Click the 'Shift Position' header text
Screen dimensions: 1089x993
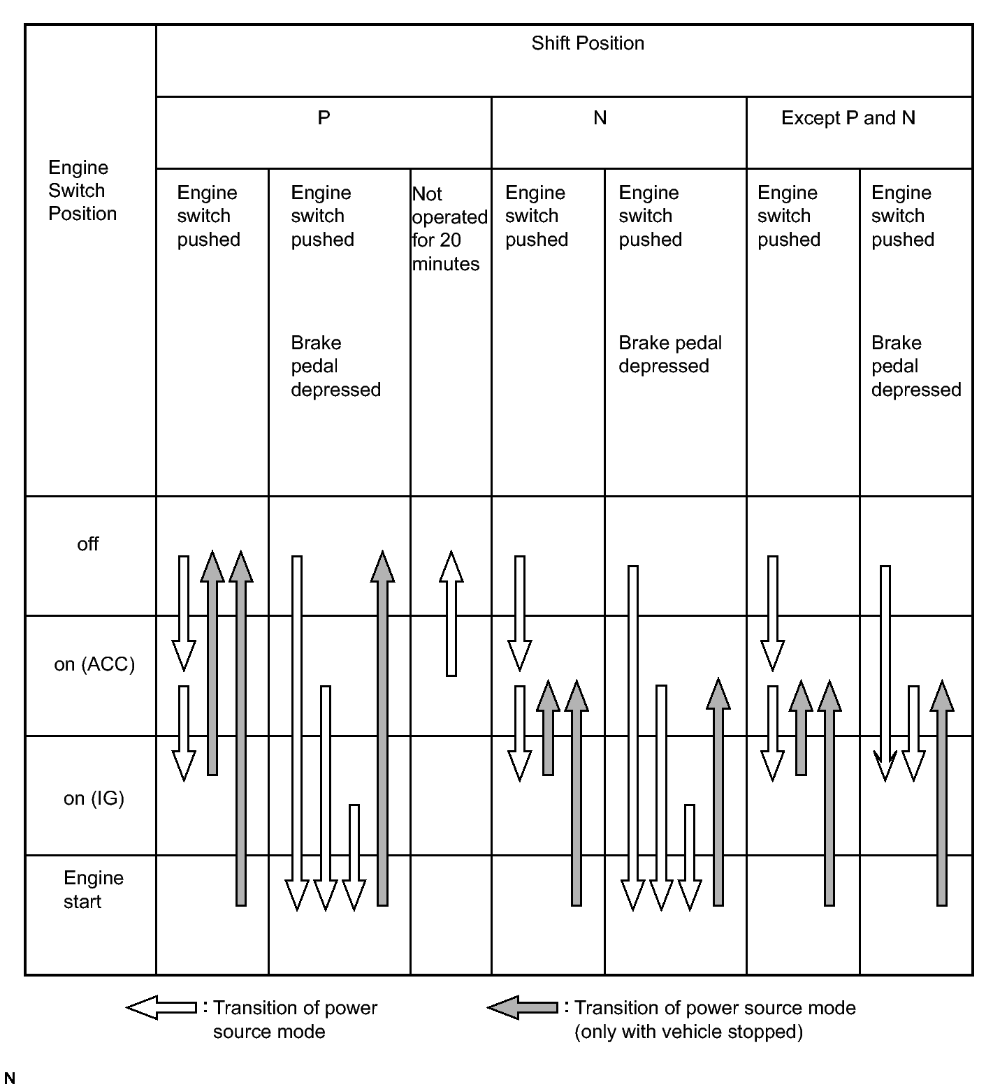pos(587,43)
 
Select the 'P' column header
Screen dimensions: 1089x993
pos(324,117)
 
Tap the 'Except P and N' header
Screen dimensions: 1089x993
pos(848,118)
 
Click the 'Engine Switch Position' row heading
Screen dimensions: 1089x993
pos(82,190)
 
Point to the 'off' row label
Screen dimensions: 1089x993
pos(88,544)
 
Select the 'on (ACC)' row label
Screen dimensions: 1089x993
pos(94,664)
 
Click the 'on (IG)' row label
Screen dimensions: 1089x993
pos(94,798)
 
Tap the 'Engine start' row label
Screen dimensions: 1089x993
pos(93,889)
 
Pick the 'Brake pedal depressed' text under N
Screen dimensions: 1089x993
pos(669,354)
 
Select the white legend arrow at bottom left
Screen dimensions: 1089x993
pos(161,1007)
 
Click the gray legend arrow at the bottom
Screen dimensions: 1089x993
pos(523,1007)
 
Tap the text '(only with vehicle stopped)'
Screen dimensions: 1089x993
pos(688,1032)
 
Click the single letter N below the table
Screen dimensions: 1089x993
pos(10,1079)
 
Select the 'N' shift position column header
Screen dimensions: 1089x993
pos(600,118)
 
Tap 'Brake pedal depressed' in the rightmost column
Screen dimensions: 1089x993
pos(915,366)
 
